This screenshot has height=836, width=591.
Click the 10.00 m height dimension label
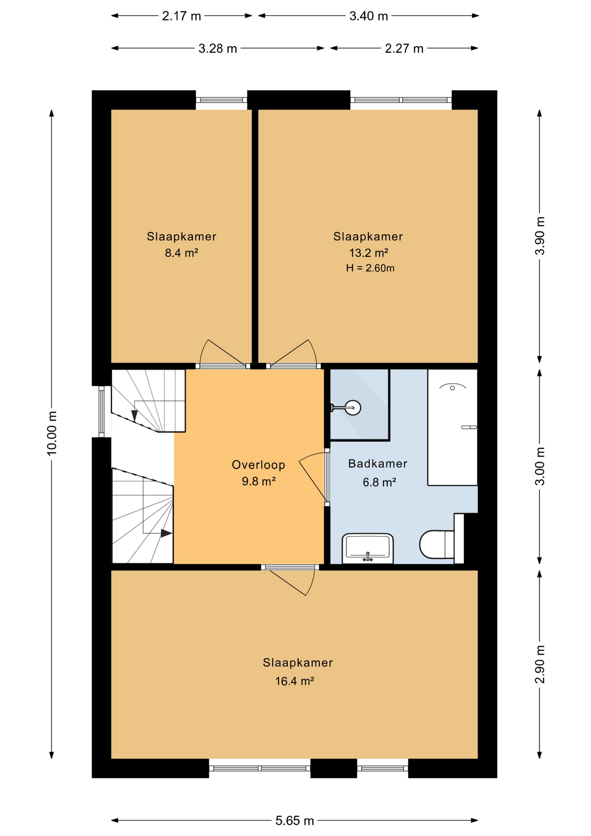click(52, 433)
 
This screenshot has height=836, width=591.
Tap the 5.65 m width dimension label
click(295, 821)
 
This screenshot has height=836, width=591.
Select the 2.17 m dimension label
click(181, 16)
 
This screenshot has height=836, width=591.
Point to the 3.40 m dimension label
click(369, 16)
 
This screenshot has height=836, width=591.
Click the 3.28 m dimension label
click(218, 48)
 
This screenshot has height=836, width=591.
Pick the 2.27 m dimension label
click(404, 48)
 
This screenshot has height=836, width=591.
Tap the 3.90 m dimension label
click(540, 236)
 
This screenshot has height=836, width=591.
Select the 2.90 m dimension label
click(540, 664)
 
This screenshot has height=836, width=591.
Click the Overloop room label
click(259, 465)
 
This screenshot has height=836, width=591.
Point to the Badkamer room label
click(378, 464)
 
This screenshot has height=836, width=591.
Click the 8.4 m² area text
click(181, 253)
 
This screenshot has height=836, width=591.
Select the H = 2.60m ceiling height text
click(370, 268)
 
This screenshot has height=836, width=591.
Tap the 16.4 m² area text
click(295, 681)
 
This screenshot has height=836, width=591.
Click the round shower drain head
click(353, 408)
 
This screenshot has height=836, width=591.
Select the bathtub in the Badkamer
click(453, 427)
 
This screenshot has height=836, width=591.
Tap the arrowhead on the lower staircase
click(166, 533)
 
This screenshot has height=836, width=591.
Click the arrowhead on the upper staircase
click(134, 416)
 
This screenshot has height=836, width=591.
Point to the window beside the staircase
click(101, 411)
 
